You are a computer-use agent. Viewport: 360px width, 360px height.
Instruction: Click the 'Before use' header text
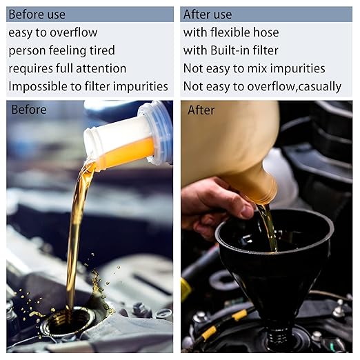click(37, 14)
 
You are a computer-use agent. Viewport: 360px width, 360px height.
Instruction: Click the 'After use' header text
click(208, 14)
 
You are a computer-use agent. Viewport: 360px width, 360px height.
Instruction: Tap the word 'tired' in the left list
click(102, 50)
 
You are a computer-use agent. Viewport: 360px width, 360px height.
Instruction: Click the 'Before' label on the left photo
click(29, 110)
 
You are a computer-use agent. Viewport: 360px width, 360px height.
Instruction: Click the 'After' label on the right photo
click(201, 110)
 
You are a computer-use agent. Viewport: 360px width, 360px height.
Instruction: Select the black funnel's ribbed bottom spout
click(277, 337)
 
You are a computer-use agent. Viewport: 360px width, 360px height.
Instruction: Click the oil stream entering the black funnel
click(268, 228)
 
